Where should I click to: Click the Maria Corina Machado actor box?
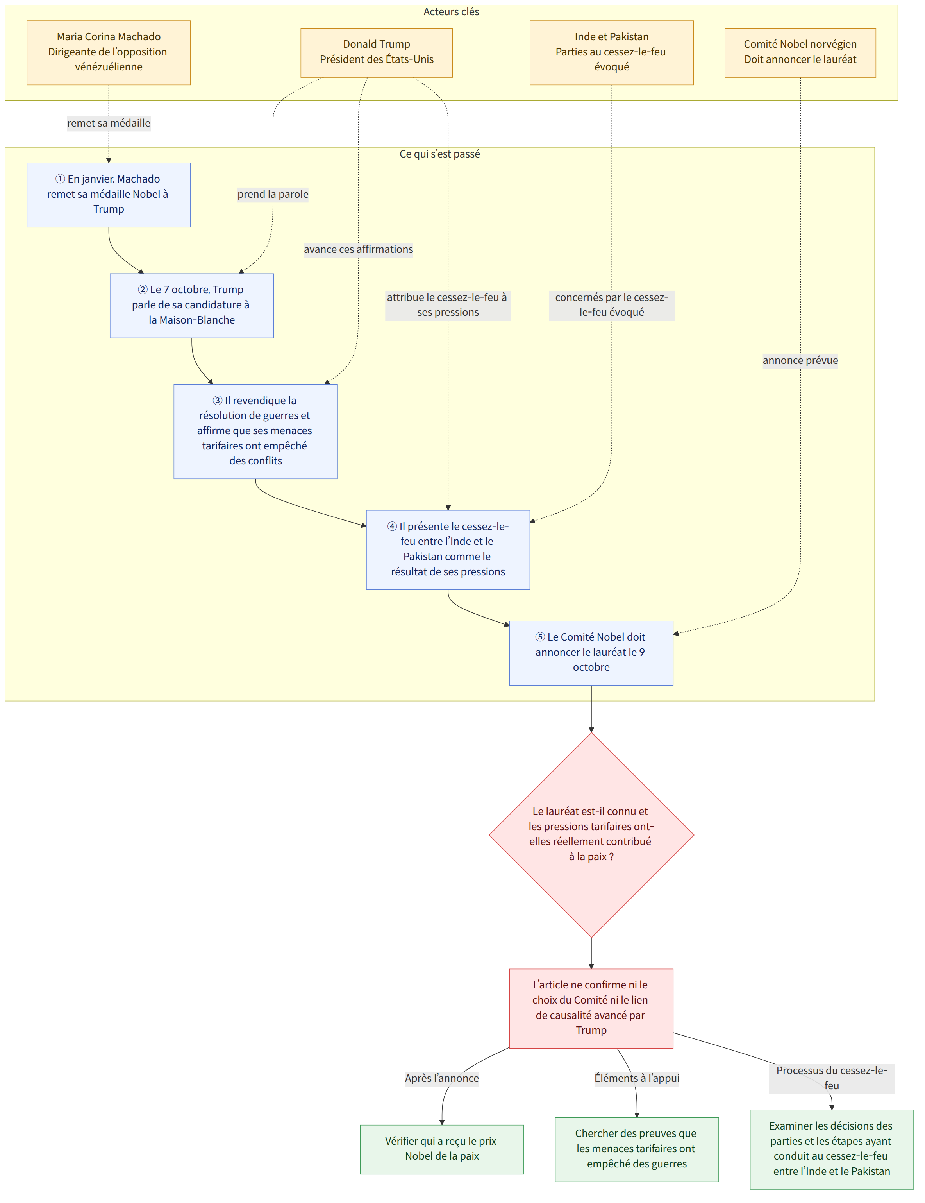pos(109,52)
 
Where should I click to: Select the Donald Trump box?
pos(377,52)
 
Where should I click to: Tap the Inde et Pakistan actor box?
pos(611,52)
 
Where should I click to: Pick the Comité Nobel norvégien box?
pos(800,52)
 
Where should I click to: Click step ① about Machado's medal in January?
pos(109,194)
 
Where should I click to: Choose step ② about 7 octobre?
pos(192,305)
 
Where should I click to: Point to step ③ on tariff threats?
pos(255,431)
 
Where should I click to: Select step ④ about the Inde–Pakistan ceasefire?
pos(448,550)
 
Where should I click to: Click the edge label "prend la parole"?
pos(273,194)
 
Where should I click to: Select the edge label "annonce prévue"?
pos(800,361)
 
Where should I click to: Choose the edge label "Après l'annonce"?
pos(441,1078)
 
